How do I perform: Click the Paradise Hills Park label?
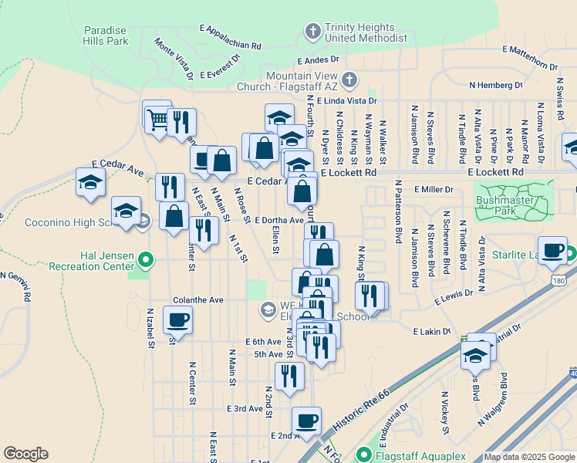(x=106, y=35)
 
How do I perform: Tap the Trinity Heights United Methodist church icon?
(x=312, y=32)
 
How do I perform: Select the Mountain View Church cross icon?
(x=349, y=79)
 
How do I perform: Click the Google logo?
(x=26, y=454)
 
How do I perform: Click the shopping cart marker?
(x=157, y=118)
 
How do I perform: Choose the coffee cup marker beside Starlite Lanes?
(x=552, y=250)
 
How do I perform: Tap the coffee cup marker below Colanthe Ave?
(x=177, y=319)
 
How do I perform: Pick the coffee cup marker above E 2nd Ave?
(x=307, y=421)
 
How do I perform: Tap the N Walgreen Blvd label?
(x=492, y=399)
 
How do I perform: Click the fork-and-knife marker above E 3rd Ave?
(x=289, y=377)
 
